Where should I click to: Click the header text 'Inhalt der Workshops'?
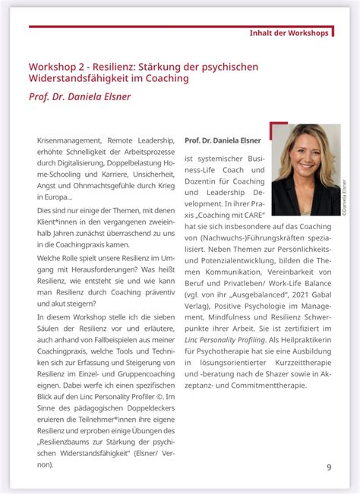point(289,33)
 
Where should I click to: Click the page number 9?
point(329,467)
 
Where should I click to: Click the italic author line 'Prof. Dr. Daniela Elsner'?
point(81,96)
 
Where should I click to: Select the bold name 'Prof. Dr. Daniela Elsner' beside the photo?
point(223,140)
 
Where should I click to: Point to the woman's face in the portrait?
point(307,153)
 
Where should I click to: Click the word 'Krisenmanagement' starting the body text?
point(68,140)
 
